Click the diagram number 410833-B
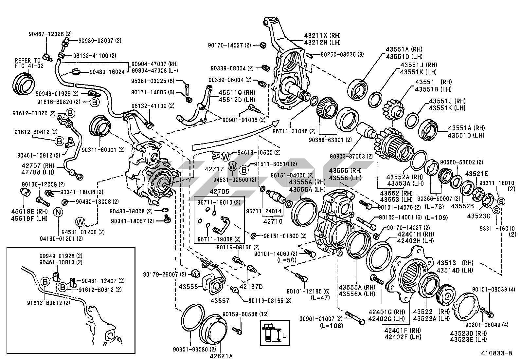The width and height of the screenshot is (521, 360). point(496,353)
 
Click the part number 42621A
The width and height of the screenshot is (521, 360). point(222,356)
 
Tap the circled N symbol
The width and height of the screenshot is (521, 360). point(58,212)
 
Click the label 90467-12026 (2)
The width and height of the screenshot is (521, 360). point(50,34)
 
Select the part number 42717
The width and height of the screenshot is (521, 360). point(214,169)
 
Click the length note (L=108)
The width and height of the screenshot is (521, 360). point(332,326)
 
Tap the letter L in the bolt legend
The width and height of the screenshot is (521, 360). point(284,335)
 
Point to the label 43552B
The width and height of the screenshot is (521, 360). point(462,206)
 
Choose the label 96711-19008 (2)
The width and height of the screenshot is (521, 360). point(219,239)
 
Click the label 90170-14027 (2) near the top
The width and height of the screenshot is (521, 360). point(230,45)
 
